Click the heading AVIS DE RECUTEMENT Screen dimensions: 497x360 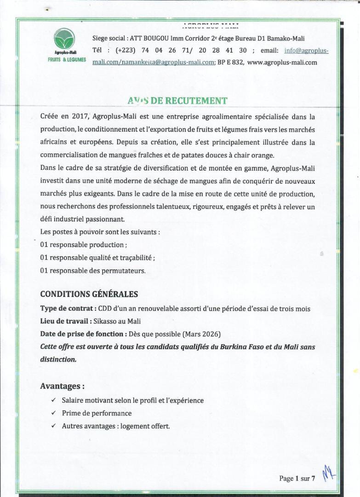point(177,101)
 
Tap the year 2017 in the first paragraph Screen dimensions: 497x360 point(74,117)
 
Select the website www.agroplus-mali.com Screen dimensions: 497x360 point(282,62)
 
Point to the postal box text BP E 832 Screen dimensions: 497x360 point(230,62)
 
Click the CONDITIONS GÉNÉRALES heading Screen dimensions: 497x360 point(89,294)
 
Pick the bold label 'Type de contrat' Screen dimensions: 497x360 point(67,308)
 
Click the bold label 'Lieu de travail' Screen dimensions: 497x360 point(65,321)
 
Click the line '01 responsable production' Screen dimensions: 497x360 point(83,245)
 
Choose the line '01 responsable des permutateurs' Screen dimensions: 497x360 point(92,271)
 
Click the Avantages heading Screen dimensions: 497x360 point(62,386)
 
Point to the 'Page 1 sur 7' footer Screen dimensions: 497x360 point(297,479)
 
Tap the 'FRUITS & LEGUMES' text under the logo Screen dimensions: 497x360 point(67,60)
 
